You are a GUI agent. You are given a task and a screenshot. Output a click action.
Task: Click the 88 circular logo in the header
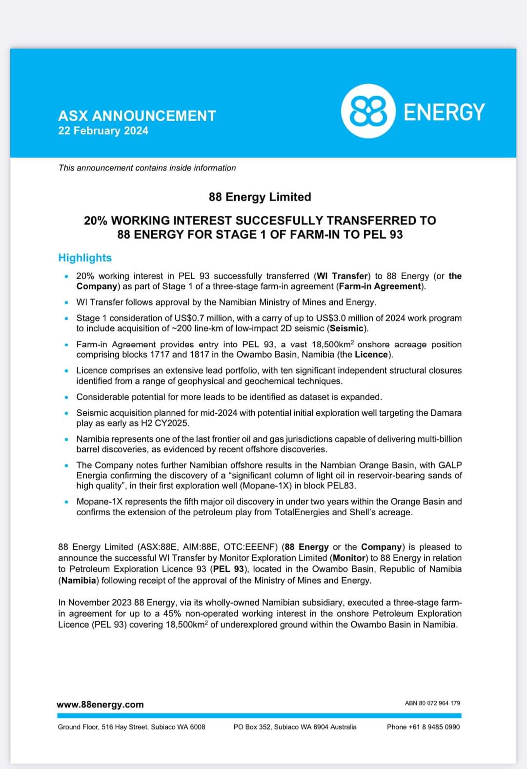pyautogui.click(x=367, y=111)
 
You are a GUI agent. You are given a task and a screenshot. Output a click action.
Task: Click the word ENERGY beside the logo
pyautogui.click(x=444, y=112)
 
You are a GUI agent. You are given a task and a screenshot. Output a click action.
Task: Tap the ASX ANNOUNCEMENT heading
pyautogui.click(x=137, y=116)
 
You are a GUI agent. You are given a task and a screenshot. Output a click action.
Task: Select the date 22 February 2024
pyautogui.click(x=103, y=131)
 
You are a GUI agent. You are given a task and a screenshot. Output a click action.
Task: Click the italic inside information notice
pyautogui.click(x=147, y=168)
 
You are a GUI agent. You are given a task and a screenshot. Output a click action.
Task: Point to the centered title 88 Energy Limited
pyautogui.click(x=260, y=197)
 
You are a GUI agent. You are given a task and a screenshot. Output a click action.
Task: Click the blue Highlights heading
pyautogui.click(x=85, y=258)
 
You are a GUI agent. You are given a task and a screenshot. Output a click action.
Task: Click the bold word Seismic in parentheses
pyautogui.click(x=347, y=328)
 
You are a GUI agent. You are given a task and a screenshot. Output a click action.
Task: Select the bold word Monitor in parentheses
pyautogui.click(x=349, y=558)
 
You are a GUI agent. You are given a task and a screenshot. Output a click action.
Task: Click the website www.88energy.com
pyautogui.click(x=100, y=705)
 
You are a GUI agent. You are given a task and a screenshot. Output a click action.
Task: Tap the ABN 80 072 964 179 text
pyautogui.click(x=432, y=703)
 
